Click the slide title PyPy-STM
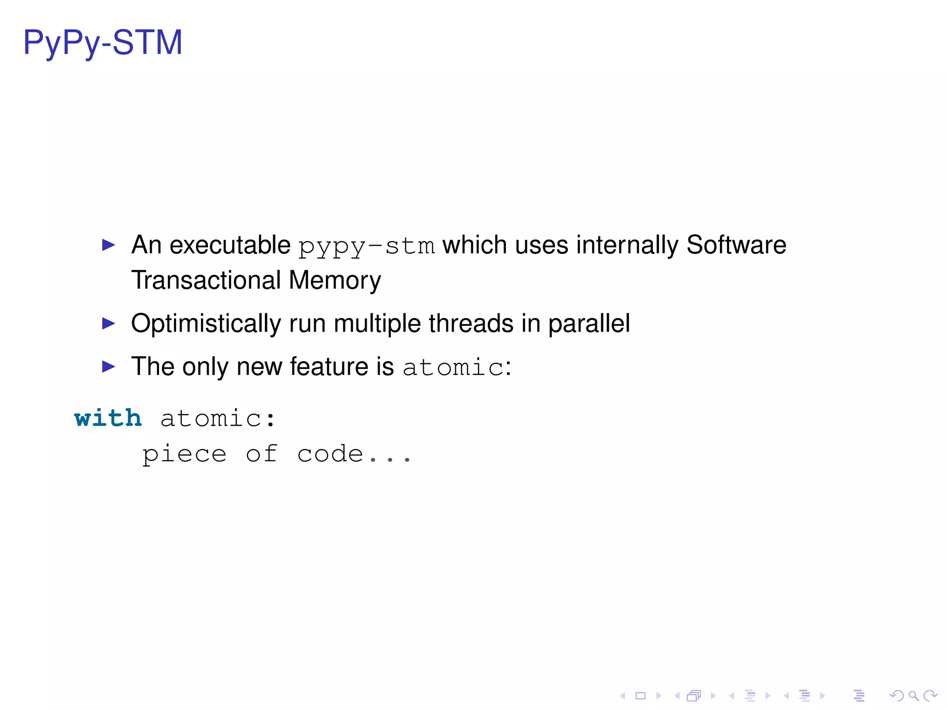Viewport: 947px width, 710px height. [103, 43]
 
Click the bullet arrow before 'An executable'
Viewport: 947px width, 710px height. [108, 245]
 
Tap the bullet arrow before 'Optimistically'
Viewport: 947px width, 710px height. [108, 324]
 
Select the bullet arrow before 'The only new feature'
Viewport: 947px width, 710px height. [108, 367]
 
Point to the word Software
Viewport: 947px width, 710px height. [736, 245]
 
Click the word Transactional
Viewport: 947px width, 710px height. [206, 281]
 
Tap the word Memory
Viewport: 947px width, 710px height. [335, 281]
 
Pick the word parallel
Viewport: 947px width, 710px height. [589, 324]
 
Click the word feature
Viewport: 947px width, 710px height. [329, 367]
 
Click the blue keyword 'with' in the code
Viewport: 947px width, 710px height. [108, 418]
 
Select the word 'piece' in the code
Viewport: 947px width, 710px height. [184, 454]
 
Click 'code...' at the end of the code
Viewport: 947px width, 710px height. [354, 454]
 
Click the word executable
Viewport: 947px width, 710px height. [230, 245]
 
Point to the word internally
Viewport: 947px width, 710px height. [627, 245]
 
